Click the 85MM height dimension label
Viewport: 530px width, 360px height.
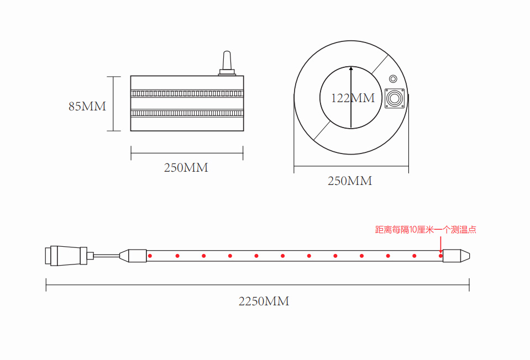click(x=87, y=107)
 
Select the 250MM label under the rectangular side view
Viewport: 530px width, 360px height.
click(x=186, y=168)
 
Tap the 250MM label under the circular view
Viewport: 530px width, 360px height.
click(x=350, y=181)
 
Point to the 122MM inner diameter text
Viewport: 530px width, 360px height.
click(x=353, y=98)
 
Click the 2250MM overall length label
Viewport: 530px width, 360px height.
click(x=264, y=301)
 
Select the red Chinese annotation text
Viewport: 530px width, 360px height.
click(x=426, y=230)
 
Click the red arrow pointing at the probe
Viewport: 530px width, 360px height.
click(x=441, y=245)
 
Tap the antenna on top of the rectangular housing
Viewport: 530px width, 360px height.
click(x=227, y=63)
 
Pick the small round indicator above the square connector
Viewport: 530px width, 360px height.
click(x=393, y=79)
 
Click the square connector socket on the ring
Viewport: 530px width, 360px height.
click(x=395, y=99)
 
